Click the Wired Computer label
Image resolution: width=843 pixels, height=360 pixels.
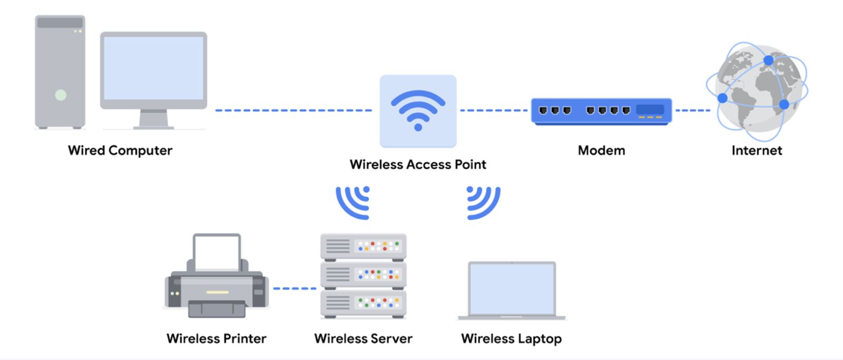pos(120,150)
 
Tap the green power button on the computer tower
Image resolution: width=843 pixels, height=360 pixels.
pos(61,95)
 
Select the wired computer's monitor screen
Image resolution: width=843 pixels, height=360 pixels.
pos(153,68)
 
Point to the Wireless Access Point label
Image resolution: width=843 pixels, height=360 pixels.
pos(418,164)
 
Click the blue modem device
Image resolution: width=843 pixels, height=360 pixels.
pos(601,111)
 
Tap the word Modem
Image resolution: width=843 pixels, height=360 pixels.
pos(601,150)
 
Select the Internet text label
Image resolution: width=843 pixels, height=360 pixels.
pos(757,150)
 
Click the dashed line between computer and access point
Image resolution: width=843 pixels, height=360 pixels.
pos(293,110)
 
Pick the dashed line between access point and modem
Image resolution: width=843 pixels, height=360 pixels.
pos(494,110)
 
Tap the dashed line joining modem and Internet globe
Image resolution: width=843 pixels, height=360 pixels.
pos(692,110)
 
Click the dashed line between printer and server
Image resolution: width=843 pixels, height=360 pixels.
pos(295,288)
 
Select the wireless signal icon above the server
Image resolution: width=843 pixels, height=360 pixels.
pos(354,202)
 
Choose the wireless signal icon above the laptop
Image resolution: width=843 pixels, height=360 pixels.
pos(483,202)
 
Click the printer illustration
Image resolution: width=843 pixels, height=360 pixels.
pos(217,278)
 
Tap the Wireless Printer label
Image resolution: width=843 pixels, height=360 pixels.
pos(217,338)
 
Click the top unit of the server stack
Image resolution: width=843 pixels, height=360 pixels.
pos(363,246)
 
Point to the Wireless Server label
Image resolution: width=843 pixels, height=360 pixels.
pos(363,338)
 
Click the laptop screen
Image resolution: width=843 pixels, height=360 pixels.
pos(512,288)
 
